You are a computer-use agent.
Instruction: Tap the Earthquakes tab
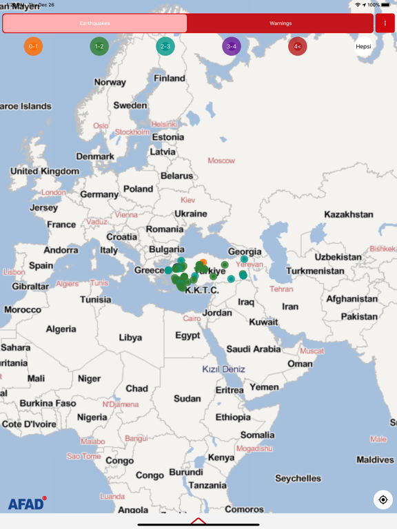tap(94, 23)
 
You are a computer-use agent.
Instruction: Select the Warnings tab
tap(280, 23)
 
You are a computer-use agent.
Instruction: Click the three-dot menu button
tap(385, 23)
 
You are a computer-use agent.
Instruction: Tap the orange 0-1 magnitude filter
tap(33, 47)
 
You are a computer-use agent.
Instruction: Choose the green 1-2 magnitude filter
tap(99, 47)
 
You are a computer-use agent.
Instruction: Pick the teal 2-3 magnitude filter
tap(165, 47)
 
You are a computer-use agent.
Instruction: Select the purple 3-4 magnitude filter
tap(232, 47)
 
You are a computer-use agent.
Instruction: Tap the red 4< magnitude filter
tap(297, 47)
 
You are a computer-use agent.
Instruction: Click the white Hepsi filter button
tap(363, 47)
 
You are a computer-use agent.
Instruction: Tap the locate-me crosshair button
tap(383, 499)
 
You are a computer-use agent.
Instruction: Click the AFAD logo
tap(27, 504)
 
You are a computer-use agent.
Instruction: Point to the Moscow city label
tap(221, 160)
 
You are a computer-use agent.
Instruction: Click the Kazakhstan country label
tap(348, 214)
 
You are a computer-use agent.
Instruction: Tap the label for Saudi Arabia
tap(254, 349)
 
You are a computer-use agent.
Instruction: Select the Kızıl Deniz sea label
tap(223, 369)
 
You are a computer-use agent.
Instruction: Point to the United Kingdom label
tap(45, 171)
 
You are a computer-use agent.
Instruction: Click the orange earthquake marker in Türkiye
tap(203, 262)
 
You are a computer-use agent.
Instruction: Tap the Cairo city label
tap(192, 319)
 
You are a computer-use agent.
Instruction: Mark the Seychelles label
tap(298, 478)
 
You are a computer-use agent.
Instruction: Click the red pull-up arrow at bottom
tap(198, 521)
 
